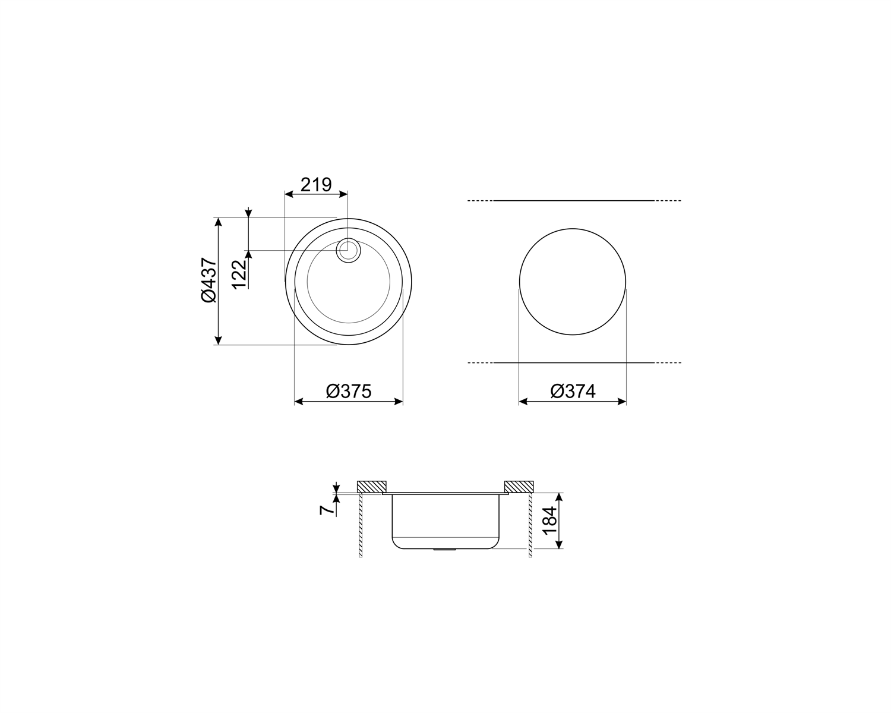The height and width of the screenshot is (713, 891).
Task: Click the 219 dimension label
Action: [315, 185]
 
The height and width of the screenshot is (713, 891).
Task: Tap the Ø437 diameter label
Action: [208, 280]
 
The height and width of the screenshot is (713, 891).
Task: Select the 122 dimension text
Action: [239, 275]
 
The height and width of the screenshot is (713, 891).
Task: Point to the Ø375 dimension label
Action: [349, 391]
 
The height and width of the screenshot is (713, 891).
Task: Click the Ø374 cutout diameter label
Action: [573, 391]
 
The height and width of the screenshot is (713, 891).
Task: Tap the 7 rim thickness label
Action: [325, 510]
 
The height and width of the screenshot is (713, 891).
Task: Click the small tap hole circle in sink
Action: [348, 250]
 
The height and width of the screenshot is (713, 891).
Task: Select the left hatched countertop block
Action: [372, 486]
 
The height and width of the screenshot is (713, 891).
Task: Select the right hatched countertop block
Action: [519, 486]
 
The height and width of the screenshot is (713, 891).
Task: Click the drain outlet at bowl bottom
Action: [443, 550]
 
